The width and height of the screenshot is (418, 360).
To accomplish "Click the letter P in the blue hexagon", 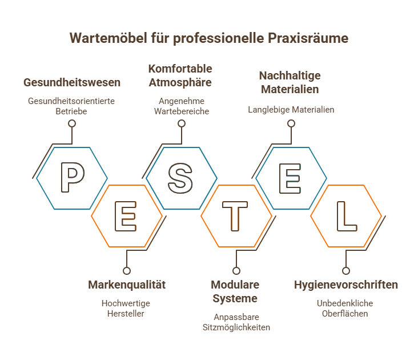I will click(72, 178).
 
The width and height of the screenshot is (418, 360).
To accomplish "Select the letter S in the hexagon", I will click(181, 178).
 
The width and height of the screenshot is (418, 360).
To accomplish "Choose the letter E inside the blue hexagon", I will click(291, 178).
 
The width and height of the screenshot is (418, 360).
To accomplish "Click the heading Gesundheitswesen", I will click(72, 82).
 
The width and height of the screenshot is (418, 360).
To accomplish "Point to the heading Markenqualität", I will click(127, 285).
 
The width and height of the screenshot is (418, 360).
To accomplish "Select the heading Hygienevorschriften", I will click(345, 285).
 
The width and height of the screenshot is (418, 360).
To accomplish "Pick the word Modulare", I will click(235, 285).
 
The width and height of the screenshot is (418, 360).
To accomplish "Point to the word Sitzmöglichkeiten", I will click(236, 327).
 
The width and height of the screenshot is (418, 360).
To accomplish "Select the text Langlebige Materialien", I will click(291, 110).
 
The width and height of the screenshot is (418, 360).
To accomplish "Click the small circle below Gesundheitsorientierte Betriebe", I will click(72, 123).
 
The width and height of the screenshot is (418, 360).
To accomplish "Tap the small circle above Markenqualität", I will click(127, 271).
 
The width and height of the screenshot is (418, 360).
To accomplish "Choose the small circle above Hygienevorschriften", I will click(345, 271).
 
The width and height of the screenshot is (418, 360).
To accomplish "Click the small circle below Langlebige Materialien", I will click(291, 123).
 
